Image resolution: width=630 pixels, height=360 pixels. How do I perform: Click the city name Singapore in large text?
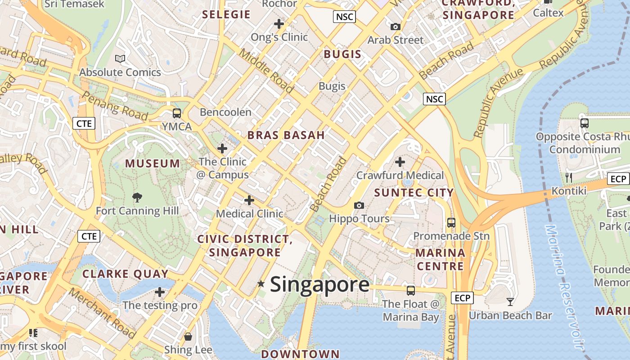coord(319,284)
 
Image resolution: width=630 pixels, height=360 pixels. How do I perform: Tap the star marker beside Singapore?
coord(261,283)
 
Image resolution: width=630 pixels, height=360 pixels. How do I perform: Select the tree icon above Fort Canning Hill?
coord(137,197)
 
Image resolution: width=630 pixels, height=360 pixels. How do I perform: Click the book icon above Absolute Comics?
coord(120,58)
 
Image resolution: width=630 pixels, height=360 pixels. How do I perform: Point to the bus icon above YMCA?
coord(177,113)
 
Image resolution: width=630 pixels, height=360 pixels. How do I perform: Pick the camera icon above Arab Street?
coord(396,27)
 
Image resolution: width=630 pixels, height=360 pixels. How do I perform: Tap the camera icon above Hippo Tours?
coord(359,206)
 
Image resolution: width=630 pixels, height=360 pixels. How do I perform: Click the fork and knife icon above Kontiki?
coord(569,177)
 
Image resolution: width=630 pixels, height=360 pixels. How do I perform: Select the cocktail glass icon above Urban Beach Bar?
coord(510,301)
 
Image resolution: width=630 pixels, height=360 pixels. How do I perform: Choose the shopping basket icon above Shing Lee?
coord(188,336)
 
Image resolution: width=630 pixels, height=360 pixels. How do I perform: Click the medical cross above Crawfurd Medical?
coord(400,162)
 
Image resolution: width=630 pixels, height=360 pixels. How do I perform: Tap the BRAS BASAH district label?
coord(286,135)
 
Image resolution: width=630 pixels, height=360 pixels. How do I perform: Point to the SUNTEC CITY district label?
coord(414,193)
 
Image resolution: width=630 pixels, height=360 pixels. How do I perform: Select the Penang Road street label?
coord(115,107)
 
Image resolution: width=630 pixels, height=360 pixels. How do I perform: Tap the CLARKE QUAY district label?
coord(126,274)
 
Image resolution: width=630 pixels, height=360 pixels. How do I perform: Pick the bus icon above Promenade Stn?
coord(451,222)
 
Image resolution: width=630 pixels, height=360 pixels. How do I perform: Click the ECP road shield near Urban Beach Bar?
coord(462,297)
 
